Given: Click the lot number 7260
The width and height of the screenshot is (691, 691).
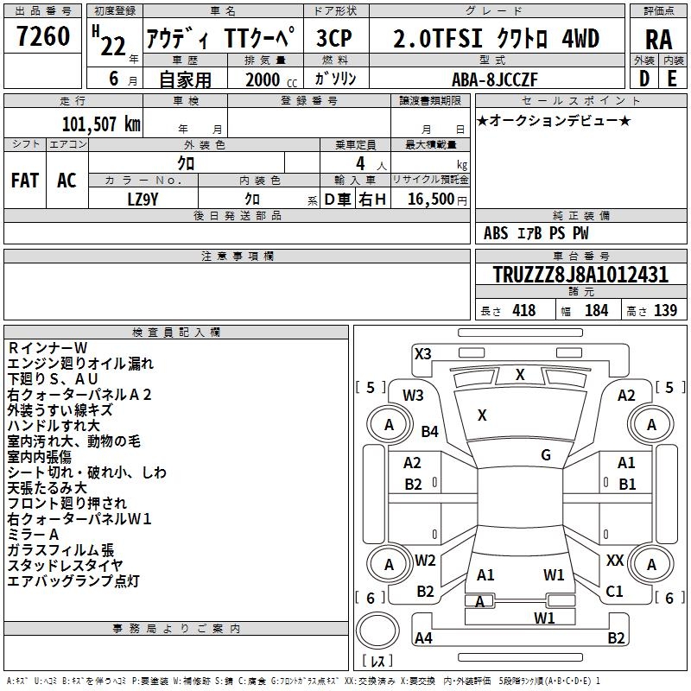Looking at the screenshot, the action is pos(43,39).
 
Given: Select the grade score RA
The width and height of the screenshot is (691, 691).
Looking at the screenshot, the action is pos(659,40).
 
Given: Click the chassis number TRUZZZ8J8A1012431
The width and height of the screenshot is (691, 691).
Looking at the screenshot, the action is pos(580,276).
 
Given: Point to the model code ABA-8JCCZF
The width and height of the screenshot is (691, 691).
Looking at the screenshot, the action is pos(494,79).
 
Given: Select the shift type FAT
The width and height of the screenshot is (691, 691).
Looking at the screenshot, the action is pos(25,181).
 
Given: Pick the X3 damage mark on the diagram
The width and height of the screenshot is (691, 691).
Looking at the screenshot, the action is pos(422,353).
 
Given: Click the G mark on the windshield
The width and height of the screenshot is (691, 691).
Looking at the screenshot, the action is pos(546,455).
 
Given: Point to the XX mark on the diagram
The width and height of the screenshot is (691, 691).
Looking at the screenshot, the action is pos(615,561).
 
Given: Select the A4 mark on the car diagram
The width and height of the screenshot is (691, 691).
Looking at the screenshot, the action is pos(423,638).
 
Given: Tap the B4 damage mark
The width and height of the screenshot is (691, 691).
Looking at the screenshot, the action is pos(429,431).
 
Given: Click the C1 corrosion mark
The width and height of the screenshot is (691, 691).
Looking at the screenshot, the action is pos(615,592).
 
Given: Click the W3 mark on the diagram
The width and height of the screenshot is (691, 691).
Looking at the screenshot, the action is pos(413,396).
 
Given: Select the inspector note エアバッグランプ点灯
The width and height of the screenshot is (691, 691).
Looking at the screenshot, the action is pos(73,581).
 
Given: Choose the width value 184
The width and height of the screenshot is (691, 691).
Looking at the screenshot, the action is pos(596,311).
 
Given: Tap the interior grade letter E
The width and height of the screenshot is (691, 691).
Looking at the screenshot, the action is pos(671,79).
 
